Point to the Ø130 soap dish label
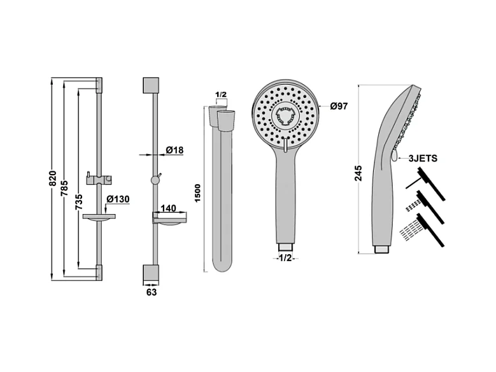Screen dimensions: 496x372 118,199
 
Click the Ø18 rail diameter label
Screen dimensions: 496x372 174,150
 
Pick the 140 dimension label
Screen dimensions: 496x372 168,209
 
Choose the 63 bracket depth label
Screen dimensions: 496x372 152,292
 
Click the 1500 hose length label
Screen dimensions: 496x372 197,194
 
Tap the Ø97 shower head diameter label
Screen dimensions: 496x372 339,106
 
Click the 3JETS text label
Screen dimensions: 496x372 423,159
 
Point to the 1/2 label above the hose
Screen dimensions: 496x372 221,96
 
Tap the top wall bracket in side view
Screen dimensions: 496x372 152,85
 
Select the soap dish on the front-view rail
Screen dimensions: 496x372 99,218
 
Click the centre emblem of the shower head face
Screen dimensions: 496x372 284,116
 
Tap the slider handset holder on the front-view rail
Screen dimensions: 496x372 99,178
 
